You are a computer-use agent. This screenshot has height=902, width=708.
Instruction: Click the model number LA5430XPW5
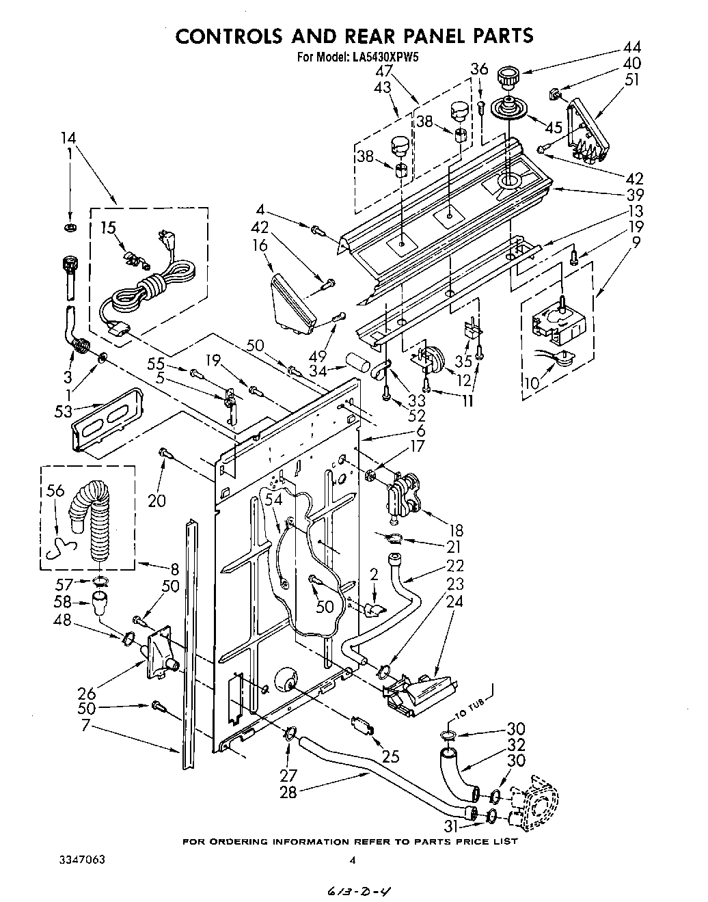pyautogui.click(x=384, y=57)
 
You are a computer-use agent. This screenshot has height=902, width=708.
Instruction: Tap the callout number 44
pyautogui.click(x=631, y=48)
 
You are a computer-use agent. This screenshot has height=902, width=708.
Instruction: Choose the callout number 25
pyautogui.click(x=391, y=756)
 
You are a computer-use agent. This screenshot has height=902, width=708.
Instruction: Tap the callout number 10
pyautogui.click(x=530, y=381)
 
